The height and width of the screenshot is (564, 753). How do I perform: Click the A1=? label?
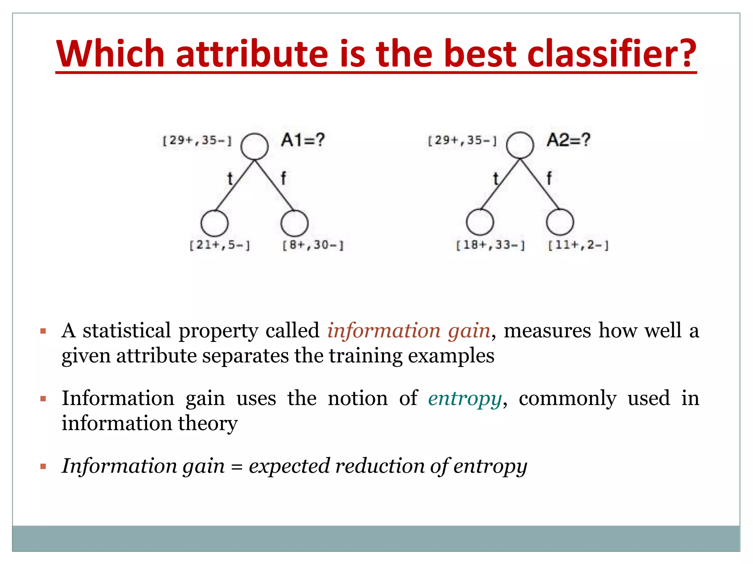click(x=303, y=140)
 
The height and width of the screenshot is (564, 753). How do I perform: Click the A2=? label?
click(x=568, y=140)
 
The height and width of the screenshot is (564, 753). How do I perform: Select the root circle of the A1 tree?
click(x=254, y=146)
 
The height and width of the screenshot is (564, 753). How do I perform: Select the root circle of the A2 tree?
click(x=520, y=145)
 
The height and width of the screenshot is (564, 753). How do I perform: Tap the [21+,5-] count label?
click(x=220, y=245)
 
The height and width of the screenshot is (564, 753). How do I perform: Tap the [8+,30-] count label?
click(x=313, y=245)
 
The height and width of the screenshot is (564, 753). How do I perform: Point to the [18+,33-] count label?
click(x=490, y=245)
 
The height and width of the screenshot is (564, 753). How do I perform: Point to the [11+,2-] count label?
click(x=578, y=245)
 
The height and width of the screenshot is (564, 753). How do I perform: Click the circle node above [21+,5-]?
click(x=214, y=223)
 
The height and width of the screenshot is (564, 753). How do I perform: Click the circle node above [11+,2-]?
click(x=560, y=222)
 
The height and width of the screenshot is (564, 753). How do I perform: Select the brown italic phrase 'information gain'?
click(x=408, y=330)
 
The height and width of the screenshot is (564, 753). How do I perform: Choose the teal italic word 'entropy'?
click(x=465, y=398)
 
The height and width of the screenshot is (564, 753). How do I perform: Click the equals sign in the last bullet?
click(x=237, y=467)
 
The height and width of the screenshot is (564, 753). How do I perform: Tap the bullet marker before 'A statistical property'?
click(x=43, y=331)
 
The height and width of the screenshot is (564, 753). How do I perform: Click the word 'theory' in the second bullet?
click(x=208, y=423)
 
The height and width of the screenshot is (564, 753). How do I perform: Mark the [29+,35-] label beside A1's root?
click(x=197, y=140)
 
